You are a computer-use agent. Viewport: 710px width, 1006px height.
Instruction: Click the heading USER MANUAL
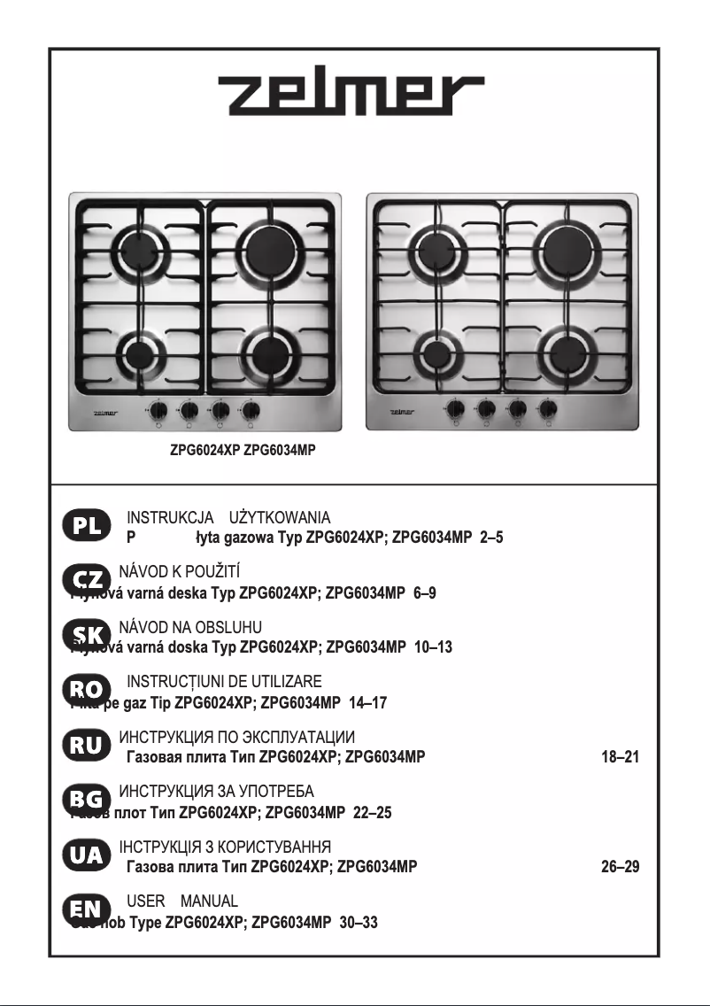(182, 902)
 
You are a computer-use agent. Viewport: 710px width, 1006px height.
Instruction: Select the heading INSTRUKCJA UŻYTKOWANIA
(229, 518)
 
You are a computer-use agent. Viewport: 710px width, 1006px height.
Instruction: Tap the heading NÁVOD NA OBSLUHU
(190, 628)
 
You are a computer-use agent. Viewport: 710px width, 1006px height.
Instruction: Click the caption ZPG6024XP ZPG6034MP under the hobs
(243, 451)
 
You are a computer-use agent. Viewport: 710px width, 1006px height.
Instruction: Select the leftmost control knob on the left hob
(159, 410)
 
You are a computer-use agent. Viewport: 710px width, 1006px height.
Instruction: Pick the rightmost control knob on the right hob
(549, 409)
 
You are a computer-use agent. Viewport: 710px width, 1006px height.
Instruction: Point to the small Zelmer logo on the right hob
(403, 411)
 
